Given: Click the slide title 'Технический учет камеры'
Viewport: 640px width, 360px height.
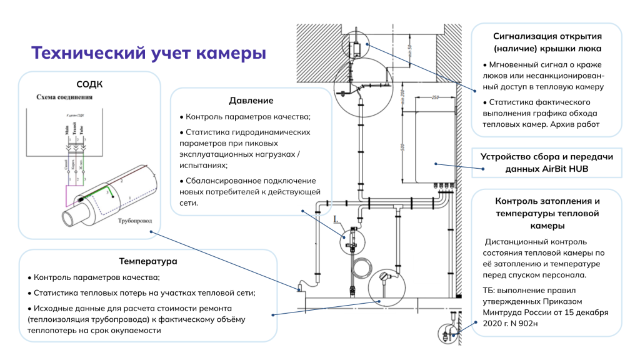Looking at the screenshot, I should [x=149, y=53].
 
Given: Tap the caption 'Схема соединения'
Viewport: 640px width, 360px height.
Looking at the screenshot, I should [x=64, y=97].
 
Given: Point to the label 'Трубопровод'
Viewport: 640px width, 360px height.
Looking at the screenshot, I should [x=133, y=221].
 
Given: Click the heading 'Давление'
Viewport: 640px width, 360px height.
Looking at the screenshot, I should [x=251, y=101].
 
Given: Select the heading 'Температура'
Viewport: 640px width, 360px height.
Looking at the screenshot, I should [x=148, y=261].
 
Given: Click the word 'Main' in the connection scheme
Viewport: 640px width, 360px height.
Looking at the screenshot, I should [x=66, y=130].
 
